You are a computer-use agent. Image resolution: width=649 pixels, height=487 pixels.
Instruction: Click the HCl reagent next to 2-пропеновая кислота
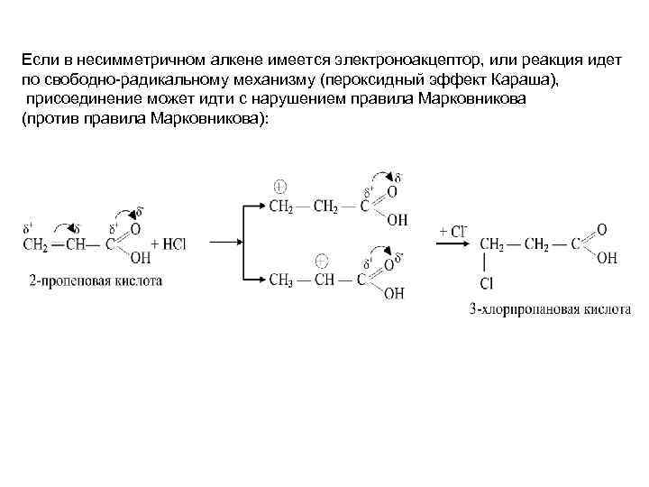pos(169,244)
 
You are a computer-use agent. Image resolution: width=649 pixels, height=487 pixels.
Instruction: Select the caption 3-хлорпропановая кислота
pos(550,309)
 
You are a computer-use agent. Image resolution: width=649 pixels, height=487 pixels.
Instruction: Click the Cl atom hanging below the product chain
pos(487,284)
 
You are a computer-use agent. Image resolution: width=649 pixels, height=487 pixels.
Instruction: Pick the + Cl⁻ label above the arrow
pos(452,230)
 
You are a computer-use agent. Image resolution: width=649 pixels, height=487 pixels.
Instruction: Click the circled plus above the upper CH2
pos(279,187)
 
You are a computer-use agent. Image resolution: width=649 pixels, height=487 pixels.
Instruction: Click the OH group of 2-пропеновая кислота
pos(140,260)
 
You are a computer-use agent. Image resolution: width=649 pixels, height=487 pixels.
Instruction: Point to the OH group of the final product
pos(607,259)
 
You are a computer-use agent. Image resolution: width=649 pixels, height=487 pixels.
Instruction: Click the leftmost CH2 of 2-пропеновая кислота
pos(35,244)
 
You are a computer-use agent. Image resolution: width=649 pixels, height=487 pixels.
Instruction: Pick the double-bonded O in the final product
pos(601,229)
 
